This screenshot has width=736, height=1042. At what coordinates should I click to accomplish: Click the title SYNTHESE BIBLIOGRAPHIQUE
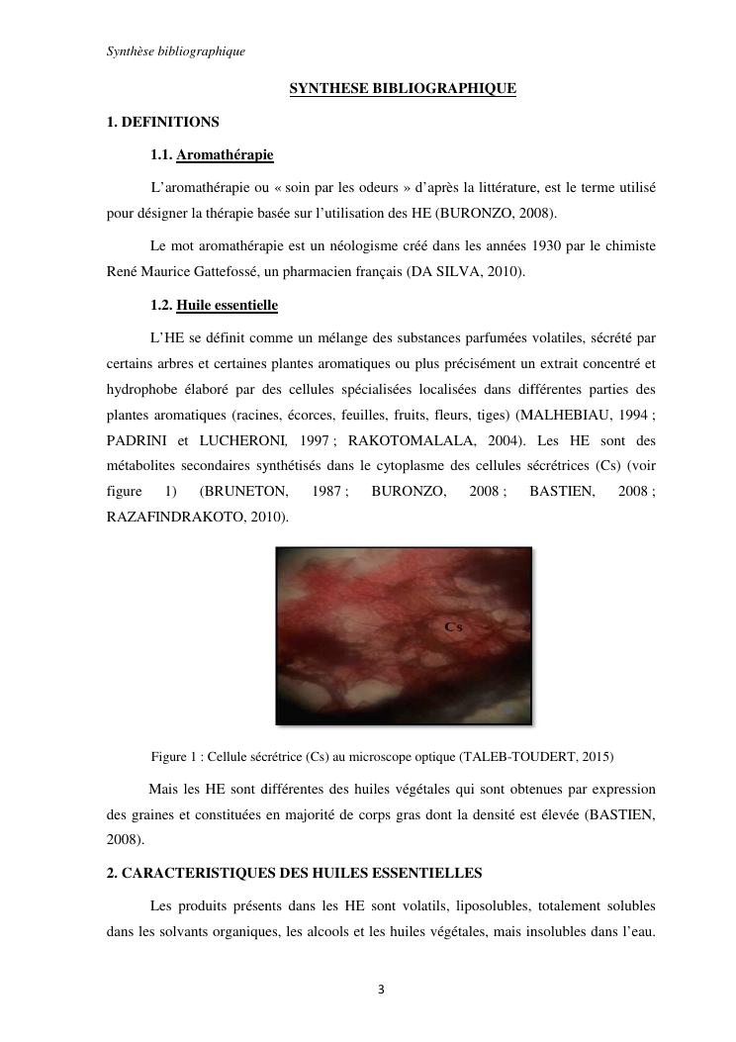[x=403, y=89]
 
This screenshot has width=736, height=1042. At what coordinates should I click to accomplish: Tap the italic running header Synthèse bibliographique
[x=175, y=51]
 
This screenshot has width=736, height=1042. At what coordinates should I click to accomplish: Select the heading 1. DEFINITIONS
[x=162, y=122]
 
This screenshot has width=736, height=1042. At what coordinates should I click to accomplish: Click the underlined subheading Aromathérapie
[x=225, y=154]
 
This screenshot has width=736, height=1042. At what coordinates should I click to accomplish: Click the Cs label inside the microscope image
[x=454, y=626]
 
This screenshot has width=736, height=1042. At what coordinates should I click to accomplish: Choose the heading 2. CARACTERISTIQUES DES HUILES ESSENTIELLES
[x=294, y=873]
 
